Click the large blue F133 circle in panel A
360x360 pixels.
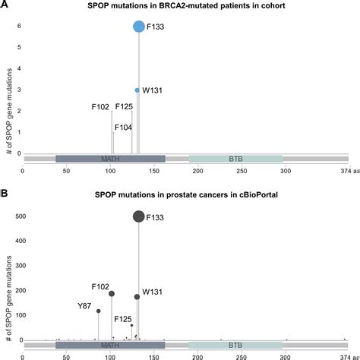point(139,27)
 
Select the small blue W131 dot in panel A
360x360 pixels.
point(137,90)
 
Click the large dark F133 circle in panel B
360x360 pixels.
point(139,216)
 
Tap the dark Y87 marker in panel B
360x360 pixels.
point(99,311)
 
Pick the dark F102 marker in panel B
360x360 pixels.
point(112,293)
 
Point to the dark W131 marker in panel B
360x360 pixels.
point(137,297)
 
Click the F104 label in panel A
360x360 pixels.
point(123,128)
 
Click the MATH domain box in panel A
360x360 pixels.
point(110,159)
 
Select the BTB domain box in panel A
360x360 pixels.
point(236,159)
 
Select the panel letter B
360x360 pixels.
point(5,194)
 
